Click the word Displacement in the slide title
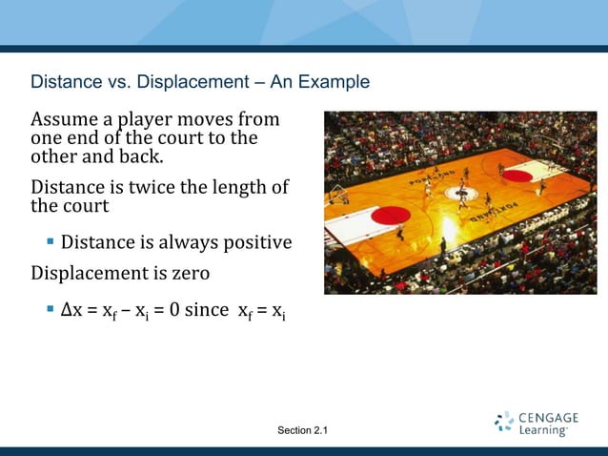[193, 82]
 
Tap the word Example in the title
[333, 82]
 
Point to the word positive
[255, 241]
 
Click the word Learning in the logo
[543, 431]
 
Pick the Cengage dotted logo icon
[505, 423]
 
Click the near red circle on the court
[389, 216]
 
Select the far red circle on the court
[517, 176]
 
